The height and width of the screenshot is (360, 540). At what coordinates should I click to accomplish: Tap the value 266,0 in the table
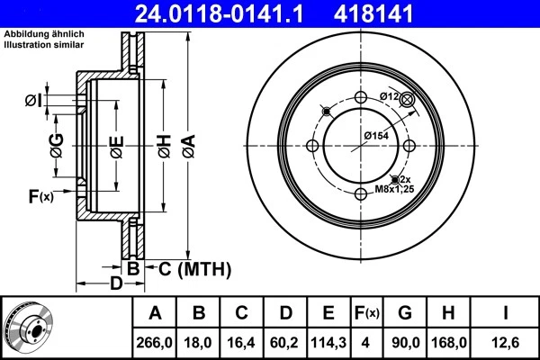(155, 342)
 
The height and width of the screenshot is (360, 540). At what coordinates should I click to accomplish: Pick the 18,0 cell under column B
(199, 342)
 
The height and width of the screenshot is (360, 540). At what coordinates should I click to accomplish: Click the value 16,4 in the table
(242, 342)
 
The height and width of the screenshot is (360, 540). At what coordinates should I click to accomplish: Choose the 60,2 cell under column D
(285, 342)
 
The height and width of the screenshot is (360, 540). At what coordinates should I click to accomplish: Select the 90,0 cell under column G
(404, 342)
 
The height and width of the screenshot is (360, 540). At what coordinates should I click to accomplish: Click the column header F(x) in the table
(366, 313)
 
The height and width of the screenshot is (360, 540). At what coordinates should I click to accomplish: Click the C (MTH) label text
(189, 268)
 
